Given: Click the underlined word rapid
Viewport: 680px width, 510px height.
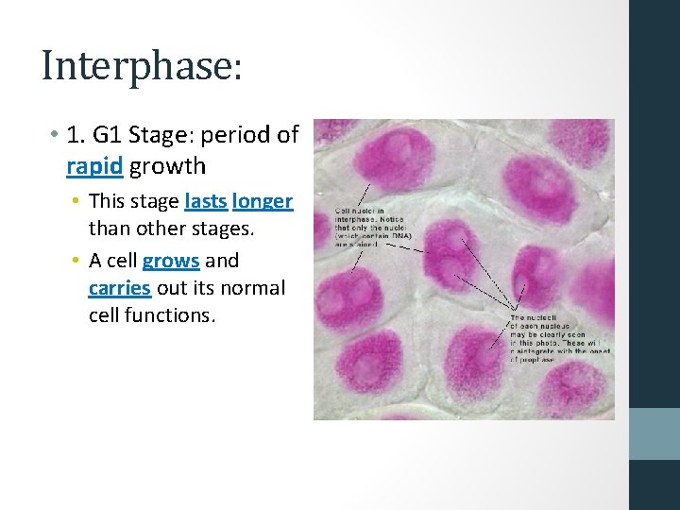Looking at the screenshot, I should (94, 167).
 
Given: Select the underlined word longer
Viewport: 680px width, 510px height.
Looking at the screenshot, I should (263, 201).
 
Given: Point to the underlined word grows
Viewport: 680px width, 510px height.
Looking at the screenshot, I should (171, 260).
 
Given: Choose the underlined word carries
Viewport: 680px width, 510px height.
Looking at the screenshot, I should (119, 287).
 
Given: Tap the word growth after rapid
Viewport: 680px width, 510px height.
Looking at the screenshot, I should (167, 167).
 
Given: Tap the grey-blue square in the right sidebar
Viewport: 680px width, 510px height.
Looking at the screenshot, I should (654, 433).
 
